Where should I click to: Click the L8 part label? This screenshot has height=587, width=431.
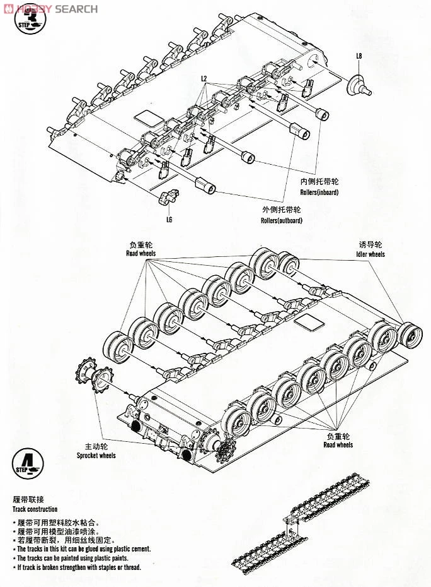click(359, 56)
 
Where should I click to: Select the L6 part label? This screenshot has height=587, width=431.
click(169, 220)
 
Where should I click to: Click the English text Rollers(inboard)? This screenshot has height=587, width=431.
click(318, 192)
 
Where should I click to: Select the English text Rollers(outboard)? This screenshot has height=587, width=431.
click(281, 220)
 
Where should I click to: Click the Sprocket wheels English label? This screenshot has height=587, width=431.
click(96, 455)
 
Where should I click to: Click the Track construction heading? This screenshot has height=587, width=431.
click(35, 509)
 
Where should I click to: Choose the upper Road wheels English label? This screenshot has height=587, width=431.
click(141, 254)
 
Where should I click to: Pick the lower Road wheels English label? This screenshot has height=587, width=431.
click(338, 445)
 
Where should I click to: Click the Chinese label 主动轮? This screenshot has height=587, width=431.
click(88, 445)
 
